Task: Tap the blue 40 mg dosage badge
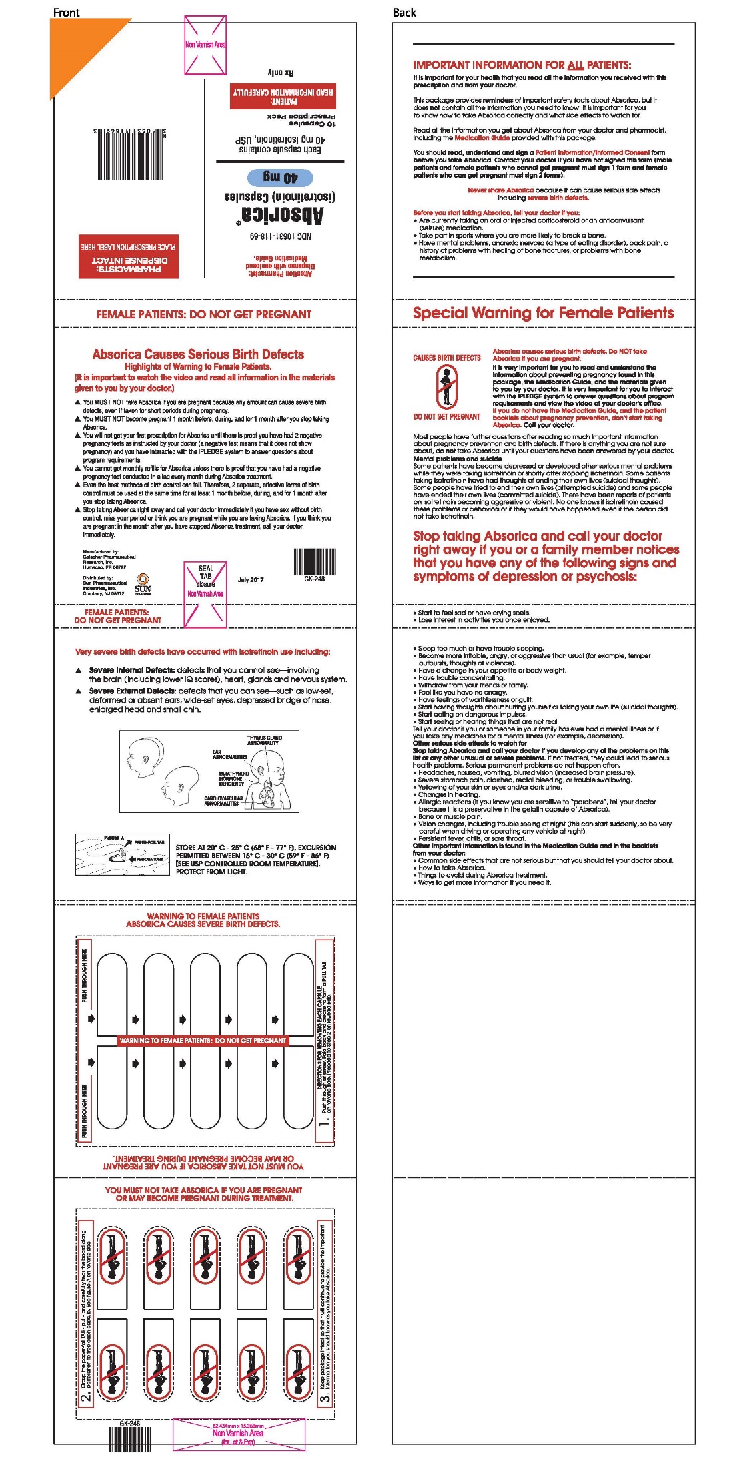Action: (280, 177)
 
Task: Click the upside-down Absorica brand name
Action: (283, 214)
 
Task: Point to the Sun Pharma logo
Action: (143, 584)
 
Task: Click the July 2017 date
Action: (251, 579)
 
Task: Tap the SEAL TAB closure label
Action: (205, 577)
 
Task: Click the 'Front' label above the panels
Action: (66, 13)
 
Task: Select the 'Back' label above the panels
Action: (404, 13)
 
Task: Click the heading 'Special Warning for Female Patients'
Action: (543, 313)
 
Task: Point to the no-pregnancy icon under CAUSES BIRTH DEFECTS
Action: (446, 387)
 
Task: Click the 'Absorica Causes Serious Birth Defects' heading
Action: (198, 354)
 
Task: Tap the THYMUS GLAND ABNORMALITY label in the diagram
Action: (264, 740)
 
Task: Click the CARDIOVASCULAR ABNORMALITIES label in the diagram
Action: (223, 800)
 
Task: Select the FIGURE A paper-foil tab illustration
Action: (123, 854)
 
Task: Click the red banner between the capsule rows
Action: (203, 1040)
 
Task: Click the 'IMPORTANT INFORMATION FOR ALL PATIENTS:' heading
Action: (522, 65)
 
